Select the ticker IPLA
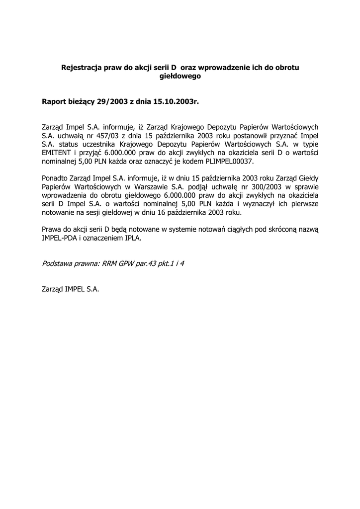133,238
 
